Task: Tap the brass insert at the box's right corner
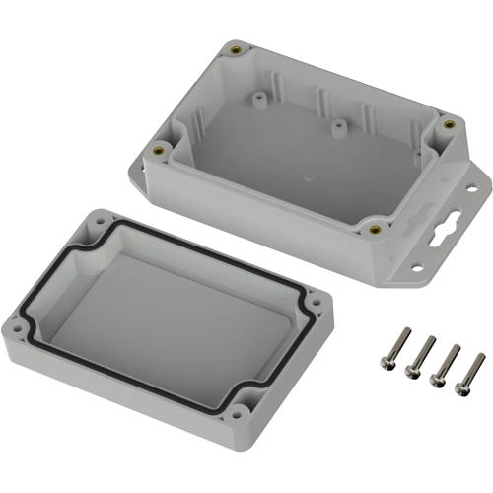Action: tap(450, 124)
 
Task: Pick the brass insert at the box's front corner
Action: tap(376, 230)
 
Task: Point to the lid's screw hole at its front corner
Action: tap(238, 416)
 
